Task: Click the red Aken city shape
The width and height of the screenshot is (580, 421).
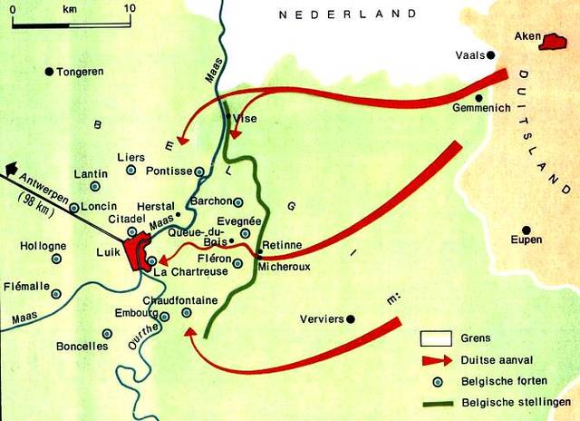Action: coord(551,41)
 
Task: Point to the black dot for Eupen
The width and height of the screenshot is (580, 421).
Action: coord(526,230)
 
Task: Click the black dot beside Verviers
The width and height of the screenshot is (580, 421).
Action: coord(353,318)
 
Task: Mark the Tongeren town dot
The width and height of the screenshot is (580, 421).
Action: coord(50,72)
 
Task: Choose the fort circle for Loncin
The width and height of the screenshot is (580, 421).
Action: coord(73,207)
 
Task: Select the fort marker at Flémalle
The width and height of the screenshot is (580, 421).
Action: coord(56,294)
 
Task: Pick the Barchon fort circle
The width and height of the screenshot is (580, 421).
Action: coord(238,201)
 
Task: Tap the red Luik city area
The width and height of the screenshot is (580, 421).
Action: coord(138,251)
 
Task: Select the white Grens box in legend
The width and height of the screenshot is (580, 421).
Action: coord(434,338)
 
